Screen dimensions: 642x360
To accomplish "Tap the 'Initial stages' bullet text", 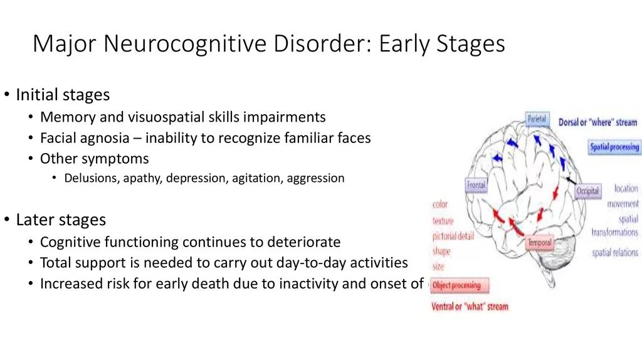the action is click(63, 95).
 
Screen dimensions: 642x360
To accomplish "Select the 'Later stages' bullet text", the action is click(61, 220).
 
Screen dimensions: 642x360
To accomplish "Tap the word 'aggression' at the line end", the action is click(315, 178).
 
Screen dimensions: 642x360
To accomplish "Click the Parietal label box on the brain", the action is click(537, 119).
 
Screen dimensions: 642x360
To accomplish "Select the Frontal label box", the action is click(476, 186).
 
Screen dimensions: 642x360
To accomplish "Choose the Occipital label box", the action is click(587, 191).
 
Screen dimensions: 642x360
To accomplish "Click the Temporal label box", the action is click(539, 243).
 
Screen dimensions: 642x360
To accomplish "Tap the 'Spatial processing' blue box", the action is click(614, 147).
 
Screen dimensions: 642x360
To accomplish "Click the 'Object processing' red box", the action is click(458, 286).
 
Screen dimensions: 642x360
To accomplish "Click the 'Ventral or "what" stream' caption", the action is click(470, 307).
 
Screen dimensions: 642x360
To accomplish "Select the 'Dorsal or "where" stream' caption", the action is click(597, 123).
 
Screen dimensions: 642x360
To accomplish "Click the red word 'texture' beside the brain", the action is click(443, 221).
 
